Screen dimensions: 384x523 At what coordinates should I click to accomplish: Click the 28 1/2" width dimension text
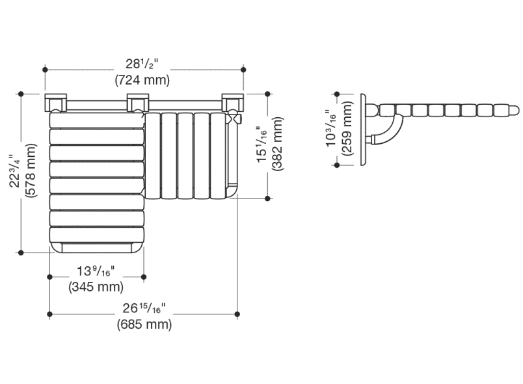(142, 64)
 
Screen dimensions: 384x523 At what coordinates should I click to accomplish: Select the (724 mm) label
(142, 80)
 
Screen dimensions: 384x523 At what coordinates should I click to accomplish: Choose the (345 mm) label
(96, 286)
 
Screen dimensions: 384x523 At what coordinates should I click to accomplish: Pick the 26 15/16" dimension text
(144, 309)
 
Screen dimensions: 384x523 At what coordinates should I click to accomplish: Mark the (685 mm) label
(144, 324)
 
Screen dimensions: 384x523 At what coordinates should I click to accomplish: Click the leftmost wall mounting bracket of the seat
(55, 103)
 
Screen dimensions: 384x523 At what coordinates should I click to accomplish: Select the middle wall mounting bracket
(139, 103)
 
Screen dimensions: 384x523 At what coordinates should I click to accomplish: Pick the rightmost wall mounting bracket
(232, 103)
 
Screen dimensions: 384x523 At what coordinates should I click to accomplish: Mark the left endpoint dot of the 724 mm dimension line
(46, 69)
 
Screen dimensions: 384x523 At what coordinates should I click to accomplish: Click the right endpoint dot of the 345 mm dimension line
(144, 277)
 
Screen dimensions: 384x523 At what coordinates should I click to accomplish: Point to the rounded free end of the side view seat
(513, 109)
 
